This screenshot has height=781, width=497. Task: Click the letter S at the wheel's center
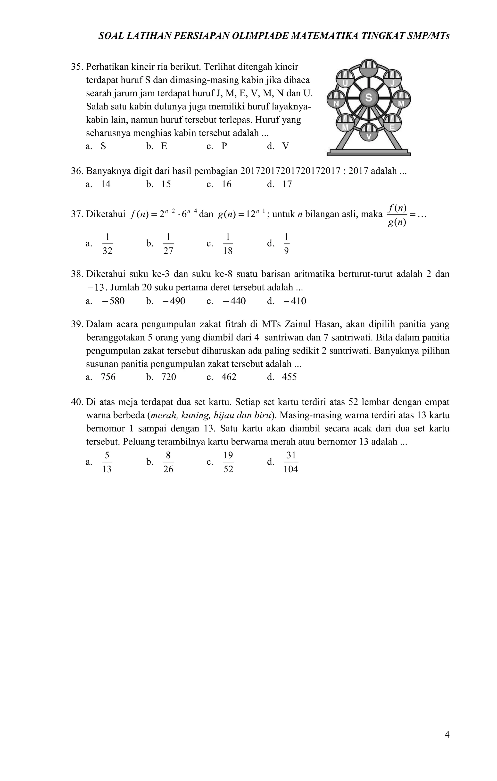click(369, 98)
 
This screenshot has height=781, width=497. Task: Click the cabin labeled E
click(392, 123)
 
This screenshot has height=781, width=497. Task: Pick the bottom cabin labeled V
click(369, 133)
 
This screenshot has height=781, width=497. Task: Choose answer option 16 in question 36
click(226, 184)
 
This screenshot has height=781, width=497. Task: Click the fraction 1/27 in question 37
click(168, 243)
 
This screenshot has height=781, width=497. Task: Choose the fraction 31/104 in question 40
click(291, 462)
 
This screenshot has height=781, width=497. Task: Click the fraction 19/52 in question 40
click(228, 462)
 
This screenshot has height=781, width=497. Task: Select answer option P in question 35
click(224, 146)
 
